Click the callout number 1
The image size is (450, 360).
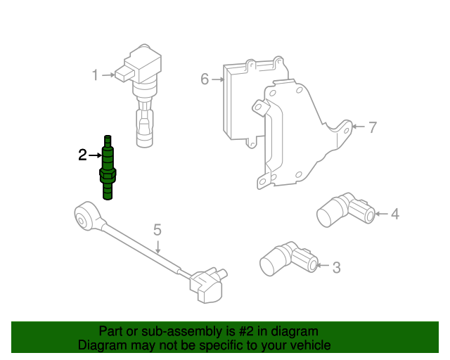point(95,75)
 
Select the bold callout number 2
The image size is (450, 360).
point(82,155)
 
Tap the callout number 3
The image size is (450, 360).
point(336,267)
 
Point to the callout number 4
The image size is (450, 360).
point(395,213)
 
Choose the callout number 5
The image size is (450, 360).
point(157,230)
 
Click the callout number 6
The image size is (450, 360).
point(205,79)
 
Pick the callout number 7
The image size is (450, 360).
point(373,128)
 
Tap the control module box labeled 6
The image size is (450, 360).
point(243,98)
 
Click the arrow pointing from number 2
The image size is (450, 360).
point(95,155)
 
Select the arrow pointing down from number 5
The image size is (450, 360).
point(159,245)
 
